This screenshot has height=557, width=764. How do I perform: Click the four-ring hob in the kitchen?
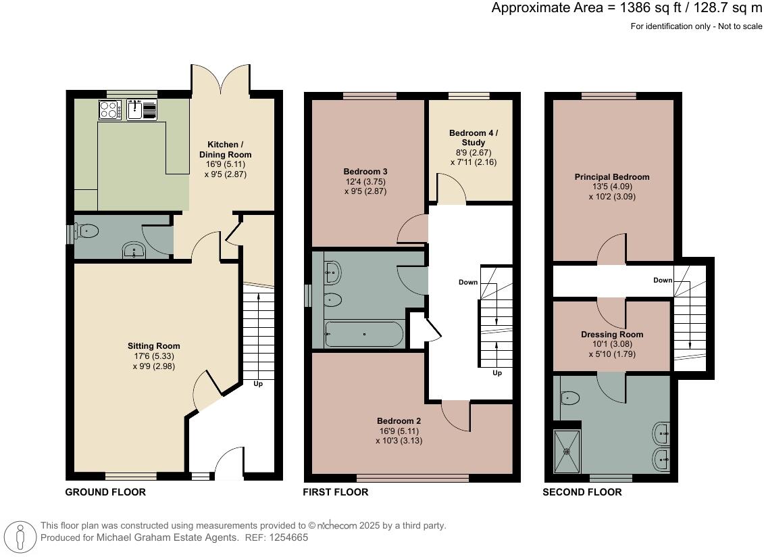click(x=109, y=109)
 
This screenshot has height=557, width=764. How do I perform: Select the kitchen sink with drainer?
click(x=141, y=109)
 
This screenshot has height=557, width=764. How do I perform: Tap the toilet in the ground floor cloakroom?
click(x=87, y=232)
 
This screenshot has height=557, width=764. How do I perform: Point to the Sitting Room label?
click(x=156, y=346)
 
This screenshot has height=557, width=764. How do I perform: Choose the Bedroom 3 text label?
click(x=365, y=171)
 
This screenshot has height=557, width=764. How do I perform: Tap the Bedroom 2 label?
click(x=399, y=420)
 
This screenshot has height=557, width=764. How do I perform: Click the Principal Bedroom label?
click(x=612, y=177)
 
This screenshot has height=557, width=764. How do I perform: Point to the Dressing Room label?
click(x=612, y=335)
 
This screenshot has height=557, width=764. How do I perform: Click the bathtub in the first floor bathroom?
click(x=364, y=334)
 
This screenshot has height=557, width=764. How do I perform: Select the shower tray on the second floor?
click(x=567, y=452)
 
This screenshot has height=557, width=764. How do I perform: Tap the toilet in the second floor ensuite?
click(x=569, y=398)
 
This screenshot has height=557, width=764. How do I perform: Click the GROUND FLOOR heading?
click(x=105, y=492)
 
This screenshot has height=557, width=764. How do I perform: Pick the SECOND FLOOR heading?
click(x=582, y=492)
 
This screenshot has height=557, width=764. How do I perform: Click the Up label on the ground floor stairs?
click(x=258, y=384)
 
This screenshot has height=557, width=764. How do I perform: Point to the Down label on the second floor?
click(x=662, y=280)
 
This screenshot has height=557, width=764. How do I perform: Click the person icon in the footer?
click(x=20, y=537)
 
